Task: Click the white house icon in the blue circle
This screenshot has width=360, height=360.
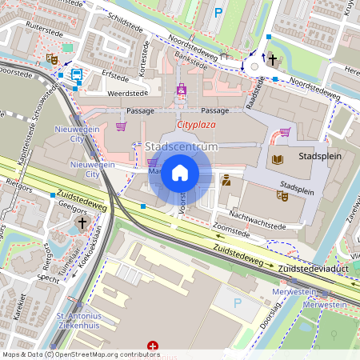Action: (180, 173)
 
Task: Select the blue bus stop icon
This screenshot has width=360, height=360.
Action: (76, 74)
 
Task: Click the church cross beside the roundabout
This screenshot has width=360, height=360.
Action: (272, 59)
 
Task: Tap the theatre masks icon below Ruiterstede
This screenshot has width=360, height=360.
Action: (51, 58)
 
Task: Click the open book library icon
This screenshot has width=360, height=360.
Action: (277, 160)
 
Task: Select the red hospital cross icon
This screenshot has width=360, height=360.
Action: (153, 347)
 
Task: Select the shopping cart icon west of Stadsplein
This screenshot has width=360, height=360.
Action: (285, 133)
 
